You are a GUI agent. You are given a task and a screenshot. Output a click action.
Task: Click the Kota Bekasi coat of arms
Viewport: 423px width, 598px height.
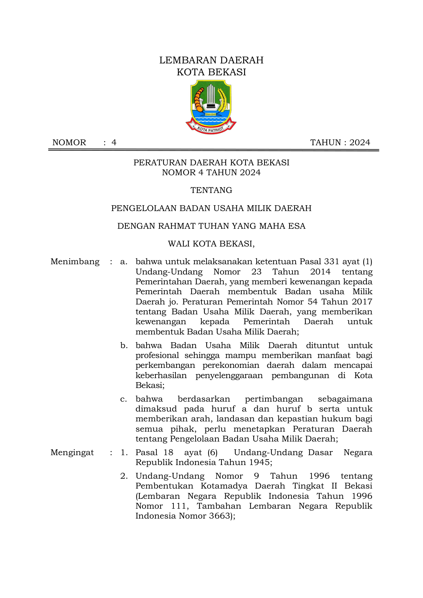[211, 106]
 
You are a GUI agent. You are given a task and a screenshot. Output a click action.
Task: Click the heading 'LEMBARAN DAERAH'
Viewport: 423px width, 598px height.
[211, 60]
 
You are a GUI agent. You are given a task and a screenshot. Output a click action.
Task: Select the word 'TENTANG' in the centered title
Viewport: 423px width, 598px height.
[211, 190]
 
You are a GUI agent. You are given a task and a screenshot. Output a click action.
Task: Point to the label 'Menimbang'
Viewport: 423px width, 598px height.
[75, 262]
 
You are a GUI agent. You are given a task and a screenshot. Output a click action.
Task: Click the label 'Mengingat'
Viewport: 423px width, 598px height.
[72, 453]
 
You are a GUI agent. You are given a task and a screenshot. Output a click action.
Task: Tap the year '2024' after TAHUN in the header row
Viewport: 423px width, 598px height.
[360, 143]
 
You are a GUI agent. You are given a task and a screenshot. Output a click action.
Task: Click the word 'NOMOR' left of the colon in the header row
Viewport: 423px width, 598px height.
[69, 143]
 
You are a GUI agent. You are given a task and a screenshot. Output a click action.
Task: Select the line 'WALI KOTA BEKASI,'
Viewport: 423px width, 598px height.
[211, 244]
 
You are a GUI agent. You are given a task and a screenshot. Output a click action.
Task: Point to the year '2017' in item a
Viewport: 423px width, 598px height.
[362, 302]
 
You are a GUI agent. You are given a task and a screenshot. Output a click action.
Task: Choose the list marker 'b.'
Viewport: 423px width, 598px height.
[124, 346]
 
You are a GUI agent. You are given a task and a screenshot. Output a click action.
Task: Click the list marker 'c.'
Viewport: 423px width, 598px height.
[124, 399]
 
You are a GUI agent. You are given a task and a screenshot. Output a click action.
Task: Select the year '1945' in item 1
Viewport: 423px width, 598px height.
[259, 463]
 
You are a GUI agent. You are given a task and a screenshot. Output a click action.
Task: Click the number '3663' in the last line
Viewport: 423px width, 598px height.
[220, 516]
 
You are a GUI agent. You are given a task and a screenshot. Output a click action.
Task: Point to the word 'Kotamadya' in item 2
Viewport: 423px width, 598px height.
[224, 486]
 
